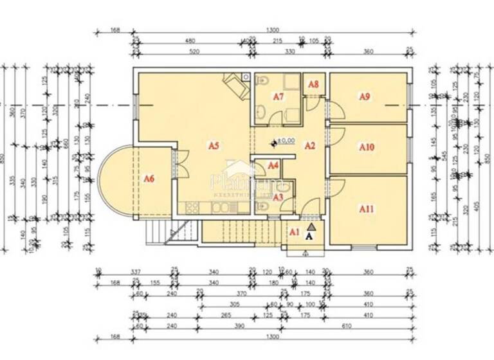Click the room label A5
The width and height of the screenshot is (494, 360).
(214, 145)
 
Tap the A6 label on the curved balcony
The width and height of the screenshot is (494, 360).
(149, 178)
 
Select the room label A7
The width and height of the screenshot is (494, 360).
(278, 96)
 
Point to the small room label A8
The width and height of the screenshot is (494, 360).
(313, 84)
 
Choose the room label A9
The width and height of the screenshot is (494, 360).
(364, 97)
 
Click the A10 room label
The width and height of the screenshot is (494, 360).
(367, 147)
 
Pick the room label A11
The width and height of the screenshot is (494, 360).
(367, 208)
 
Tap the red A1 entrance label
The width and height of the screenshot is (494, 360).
(294, 231)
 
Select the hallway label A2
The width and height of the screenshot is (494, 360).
(309, 145)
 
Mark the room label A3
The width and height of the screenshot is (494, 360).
(278, 197)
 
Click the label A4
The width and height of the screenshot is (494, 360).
(273, 166)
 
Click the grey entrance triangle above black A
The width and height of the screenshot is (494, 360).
(312, 226)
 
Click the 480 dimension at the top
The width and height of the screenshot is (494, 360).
(190, 40)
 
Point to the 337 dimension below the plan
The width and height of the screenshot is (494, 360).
(134, 271)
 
